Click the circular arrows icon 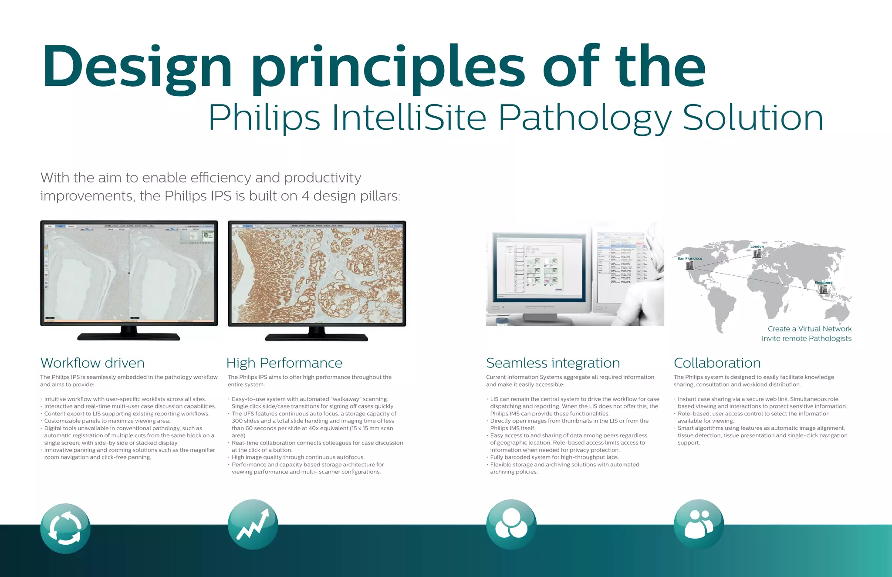(65, 529)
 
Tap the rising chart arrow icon (253, 524)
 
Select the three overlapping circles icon (511, 524)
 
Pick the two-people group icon (699, 524)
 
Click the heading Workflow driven (92, 363)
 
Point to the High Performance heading (284, 363)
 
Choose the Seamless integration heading (553, 363)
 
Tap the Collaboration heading (717, 363)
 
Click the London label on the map (757, 246)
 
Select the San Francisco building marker (690, 265)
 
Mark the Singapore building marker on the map (823, 289)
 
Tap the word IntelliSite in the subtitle (409, 118)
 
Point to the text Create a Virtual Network (809, 329)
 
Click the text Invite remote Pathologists (806, 338)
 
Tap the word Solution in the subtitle (753, 118)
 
